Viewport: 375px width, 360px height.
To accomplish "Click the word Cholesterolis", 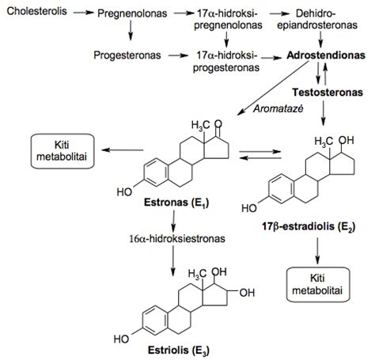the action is point(36,11).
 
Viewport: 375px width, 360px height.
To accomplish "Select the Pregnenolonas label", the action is point(132,13).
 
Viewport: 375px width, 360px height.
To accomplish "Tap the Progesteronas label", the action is point(127,55).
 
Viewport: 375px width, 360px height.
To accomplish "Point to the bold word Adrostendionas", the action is point(326,55).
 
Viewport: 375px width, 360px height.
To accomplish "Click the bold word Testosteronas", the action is point(328,93).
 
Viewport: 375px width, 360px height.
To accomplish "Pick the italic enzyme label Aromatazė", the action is point(278,108).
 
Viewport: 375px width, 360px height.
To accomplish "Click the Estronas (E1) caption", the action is point(176,203).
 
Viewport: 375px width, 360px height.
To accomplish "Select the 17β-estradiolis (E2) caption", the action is point(309,226).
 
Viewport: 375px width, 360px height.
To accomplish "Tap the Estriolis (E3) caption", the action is point(179,351).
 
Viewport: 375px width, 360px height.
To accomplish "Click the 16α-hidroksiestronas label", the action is point(177,239).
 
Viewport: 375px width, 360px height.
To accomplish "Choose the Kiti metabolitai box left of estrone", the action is point(62,151).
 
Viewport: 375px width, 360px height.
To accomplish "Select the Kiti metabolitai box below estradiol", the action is point(318,285).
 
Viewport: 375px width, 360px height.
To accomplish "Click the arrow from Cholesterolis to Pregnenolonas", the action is point(84,13).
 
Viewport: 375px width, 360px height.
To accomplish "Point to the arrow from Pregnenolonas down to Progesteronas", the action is point(131,31).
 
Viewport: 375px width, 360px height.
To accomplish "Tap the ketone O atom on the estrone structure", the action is point(218,124).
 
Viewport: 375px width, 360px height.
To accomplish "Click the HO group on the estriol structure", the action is point(121,339).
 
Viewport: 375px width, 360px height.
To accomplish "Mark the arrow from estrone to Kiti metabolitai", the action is point(123,150).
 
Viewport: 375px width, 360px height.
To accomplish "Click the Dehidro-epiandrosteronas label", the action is point(317,19).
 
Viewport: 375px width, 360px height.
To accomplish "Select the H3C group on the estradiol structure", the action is point(324,142).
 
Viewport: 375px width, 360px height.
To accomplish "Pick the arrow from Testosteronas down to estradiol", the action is point(324,113).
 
